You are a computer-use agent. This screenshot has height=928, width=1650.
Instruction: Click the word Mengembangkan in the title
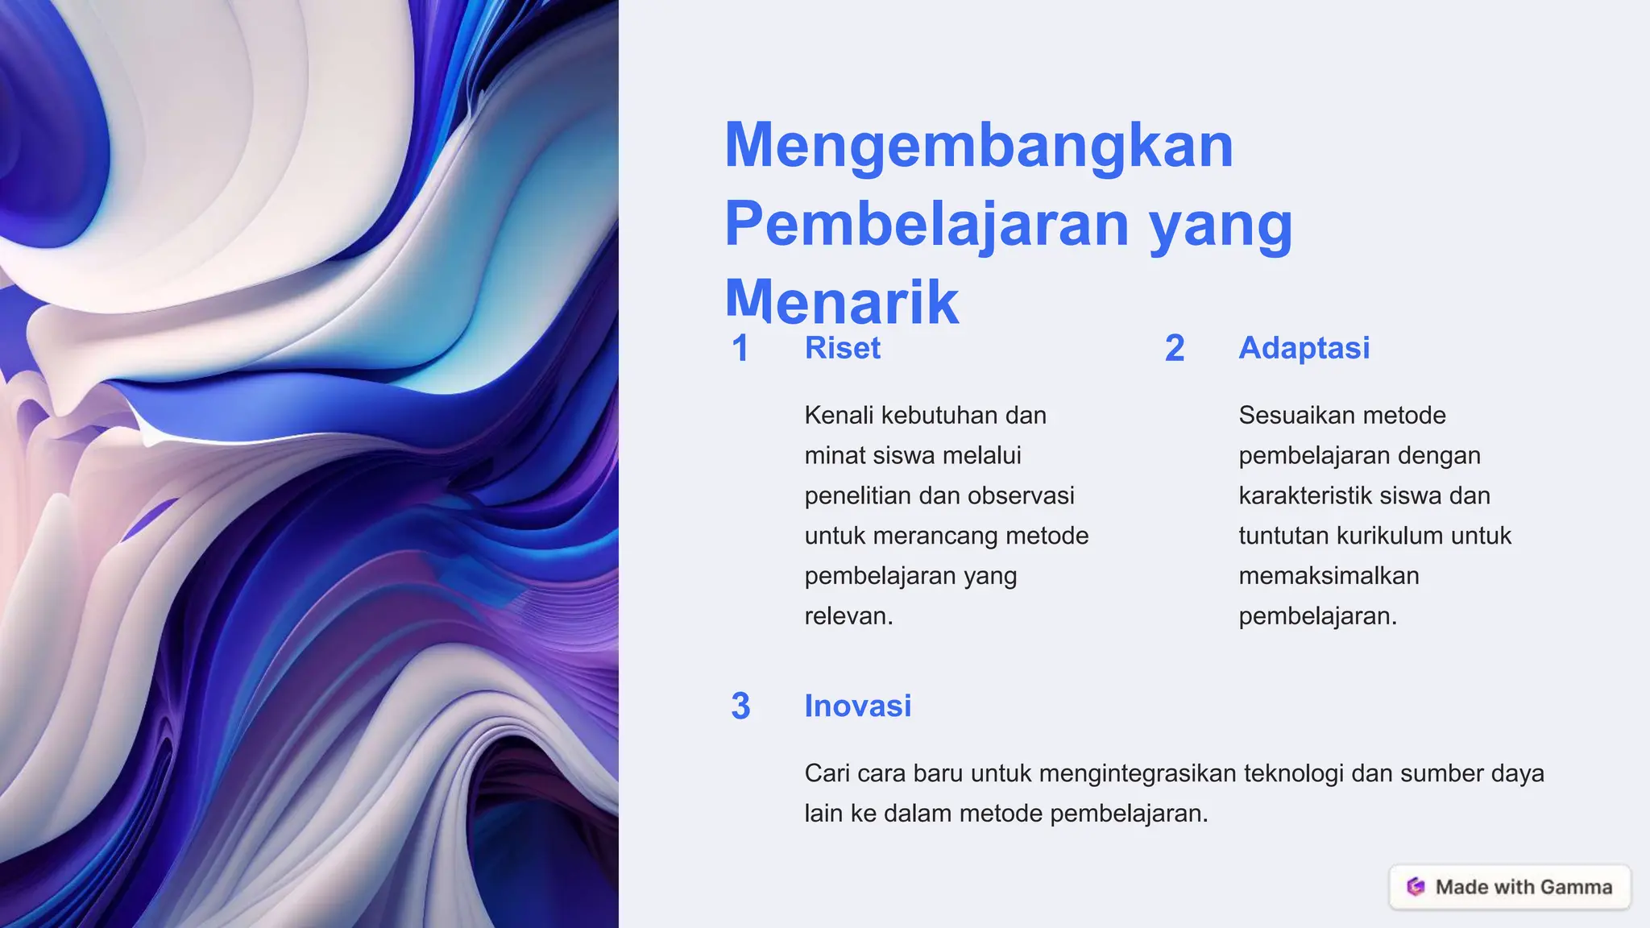pyautogui.click(x=978, y=147)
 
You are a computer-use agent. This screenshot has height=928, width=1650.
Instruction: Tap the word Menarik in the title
pyautogui.click(x=841, y=301)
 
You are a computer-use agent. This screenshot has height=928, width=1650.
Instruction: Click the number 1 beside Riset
pyautogui.click(x=740, y=349)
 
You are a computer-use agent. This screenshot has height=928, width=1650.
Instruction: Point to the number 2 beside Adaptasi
pyautogui.click(x=1174, y=349)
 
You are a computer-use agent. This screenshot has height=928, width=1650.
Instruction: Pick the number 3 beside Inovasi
pyautogui.click(x=740, y=706)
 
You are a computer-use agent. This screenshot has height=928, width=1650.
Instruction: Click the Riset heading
pyautogui.click(x=842, y=348)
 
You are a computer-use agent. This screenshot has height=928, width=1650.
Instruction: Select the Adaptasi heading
pyautogui.click(x=1304, y=348)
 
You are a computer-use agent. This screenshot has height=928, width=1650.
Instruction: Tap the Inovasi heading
pyautogui.click(x=857, y=706)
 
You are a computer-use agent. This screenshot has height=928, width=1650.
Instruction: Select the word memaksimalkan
pyautogui.click(x=1329, y=576)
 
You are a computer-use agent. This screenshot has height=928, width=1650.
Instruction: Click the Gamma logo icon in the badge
pyautogui.click(x=1415, y=887)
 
